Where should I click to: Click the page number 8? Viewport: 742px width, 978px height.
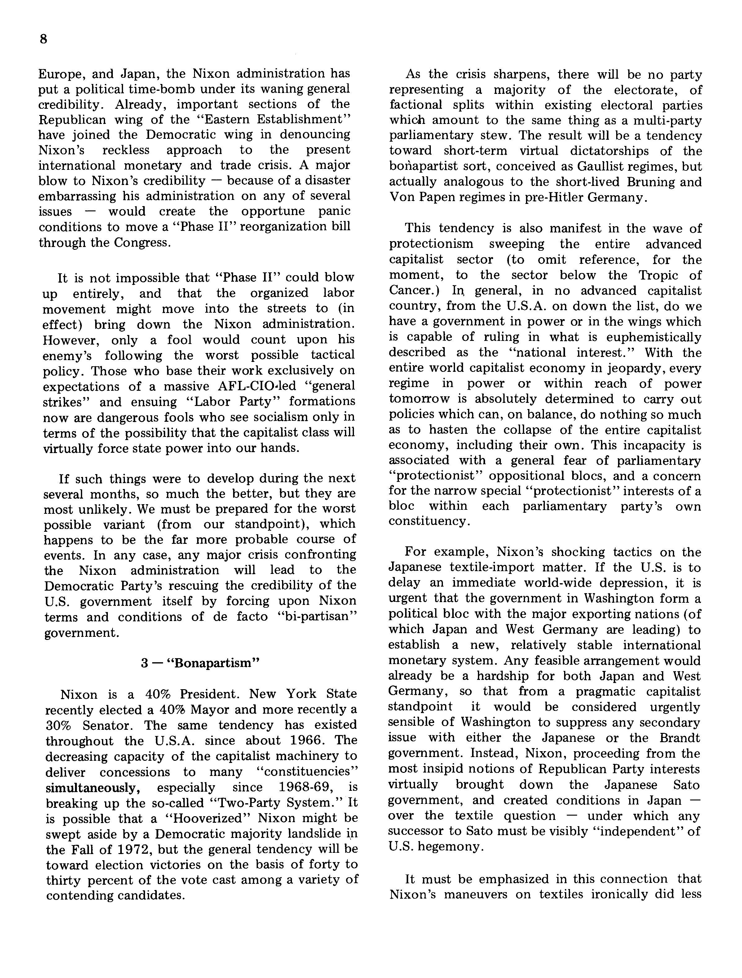43,39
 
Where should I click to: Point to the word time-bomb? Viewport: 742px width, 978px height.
162,89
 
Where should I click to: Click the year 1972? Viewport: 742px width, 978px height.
129,849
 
